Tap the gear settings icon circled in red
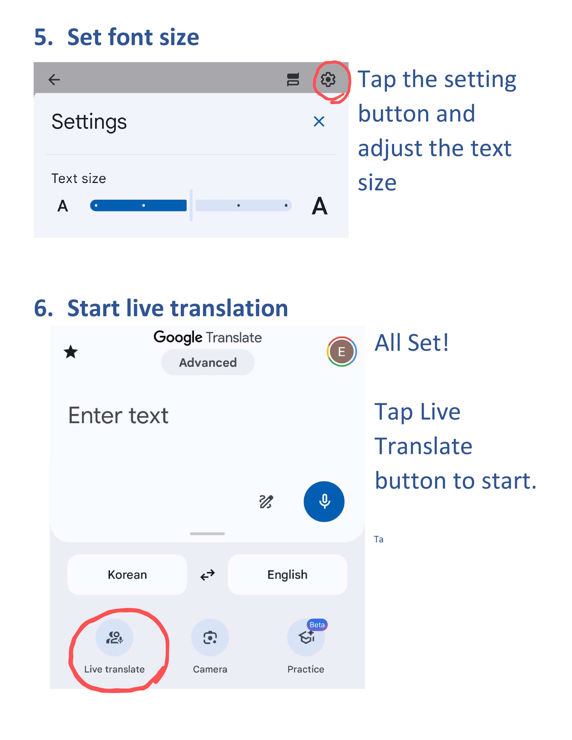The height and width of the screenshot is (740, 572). coord(328,80)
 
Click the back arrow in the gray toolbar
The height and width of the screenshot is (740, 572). coord(54,80)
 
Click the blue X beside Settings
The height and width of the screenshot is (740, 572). coord(319,121)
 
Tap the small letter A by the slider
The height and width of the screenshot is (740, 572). coord(63,206)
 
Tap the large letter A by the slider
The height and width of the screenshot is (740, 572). coord(320,206)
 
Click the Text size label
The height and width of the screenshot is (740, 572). coord(79,178)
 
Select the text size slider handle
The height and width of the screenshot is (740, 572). coord(191,205)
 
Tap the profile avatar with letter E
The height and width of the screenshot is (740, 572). coord(342,351)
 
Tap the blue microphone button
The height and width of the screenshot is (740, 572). coord(324,501)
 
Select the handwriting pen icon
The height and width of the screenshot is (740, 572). coord(266,501)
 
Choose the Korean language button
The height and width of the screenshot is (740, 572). coord(127,575)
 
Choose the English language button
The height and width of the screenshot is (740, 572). coord(287,575)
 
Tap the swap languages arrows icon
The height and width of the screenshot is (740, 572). coord(207,575)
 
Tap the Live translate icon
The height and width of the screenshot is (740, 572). coord(114,637)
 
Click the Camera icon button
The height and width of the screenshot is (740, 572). coord(210,637)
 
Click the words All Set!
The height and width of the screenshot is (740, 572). coord(412,343)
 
